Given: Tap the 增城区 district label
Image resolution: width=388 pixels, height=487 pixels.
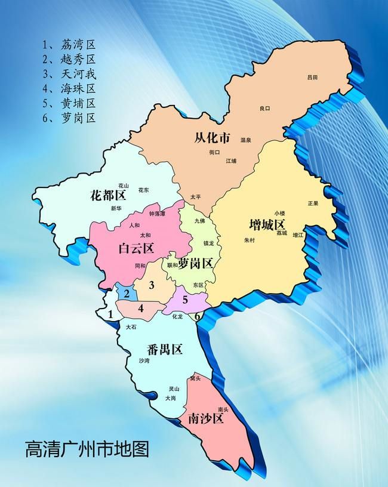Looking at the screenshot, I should (267, 225).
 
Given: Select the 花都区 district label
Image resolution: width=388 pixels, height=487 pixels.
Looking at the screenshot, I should (108, 196).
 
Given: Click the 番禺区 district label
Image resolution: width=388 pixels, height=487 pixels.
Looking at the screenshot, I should (164, 350).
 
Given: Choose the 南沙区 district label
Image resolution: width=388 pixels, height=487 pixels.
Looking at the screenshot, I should (205, 419).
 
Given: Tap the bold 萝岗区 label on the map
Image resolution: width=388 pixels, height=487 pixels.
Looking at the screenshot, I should (196, 263).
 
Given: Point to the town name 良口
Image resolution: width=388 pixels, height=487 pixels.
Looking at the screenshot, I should (264, 108).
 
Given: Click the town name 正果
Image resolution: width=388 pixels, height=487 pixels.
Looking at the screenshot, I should (313, 203).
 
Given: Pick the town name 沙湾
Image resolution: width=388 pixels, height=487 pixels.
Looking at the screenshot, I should (144, 361).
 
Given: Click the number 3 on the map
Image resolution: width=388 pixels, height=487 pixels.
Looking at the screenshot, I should (152, 285).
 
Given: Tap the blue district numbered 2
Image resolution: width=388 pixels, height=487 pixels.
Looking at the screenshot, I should (127, 293).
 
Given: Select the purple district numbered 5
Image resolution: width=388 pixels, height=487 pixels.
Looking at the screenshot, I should (185, 300).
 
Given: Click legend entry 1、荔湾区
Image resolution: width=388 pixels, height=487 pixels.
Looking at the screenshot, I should (69, 45).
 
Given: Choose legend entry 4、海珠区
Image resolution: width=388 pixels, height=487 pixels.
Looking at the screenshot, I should (69, 88).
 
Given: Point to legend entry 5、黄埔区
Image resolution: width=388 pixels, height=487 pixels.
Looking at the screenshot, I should (69, 103).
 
